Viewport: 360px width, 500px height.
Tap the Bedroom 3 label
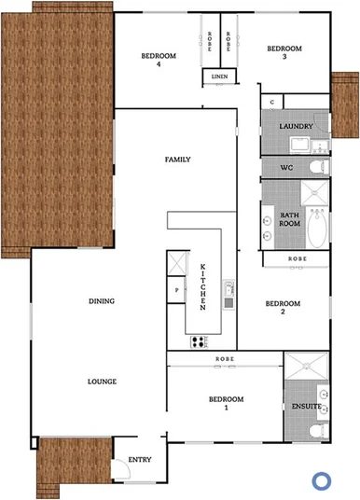tap(284, 52)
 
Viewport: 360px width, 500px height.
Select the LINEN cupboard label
tap(219, 76)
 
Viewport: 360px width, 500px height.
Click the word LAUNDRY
tap(296, 123)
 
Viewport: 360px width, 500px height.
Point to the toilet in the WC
tap(318, 167)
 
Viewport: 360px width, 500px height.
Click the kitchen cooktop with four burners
tap(199, 341)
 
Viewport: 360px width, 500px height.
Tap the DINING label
tap(101, 301)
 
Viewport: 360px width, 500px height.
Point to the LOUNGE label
tap(101, 382)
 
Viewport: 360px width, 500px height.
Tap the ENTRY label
tap(139, 459)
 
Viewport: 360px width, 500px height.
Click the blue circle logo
tap(322, 480)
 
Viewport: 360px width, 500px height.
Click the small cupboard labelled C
tap(270, 101)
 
